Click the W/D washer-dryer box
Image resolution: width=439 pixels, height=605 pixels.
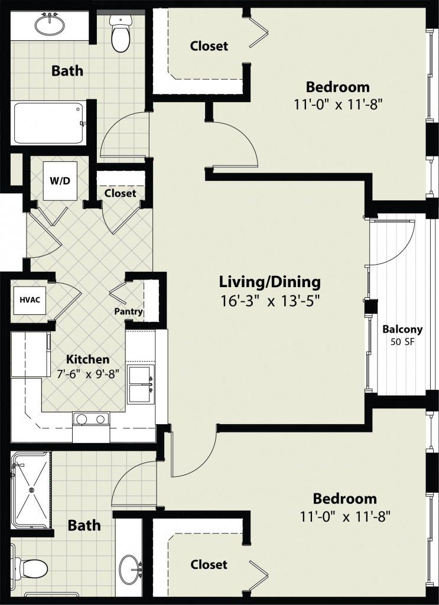tap(60, 181)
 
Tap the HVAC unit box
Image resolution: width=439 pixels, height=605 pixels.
tap(30, 300)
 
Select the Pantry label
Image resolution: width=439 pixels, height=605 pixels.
tap(128, 311)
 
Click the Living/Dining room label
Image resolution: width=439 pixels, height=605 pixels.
tap(269, 282)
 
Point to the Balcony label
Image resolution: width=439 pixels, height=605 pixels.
tap(402, 330)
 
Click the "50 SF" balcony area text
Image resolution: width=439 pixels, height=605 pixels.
tap(402, 342)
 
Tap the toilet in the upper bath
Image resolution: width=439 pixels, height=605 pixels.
tap(121, 34)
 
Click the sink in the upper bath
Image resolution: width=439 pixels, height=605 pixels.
tap(50, 25)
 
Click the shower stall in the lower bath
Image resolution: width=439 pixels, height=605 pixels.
tap(31, 490)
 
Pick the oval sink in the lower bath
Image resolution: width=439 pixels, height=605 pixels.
tap(131, 568)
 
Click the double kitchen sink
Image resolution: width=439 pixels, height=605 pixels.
tap(141, 384)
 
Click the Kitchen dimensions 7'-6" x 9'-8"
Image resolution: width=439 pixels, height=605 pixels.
tap(87, 373)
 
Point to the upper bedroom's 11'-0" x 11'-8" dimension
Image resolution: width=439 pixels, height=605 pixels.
tap(338, 104)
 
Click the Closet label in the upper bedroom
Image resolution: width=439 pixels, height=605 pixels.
tap(209, 46)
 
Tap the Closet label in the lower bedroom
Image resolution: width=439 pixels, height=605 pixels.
tap(209, 564)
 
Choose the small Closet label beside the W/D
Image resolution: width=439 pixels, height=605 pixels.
tap(120, 193)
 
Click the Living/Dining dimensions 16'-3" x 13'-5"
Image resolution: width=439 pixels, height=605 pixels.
tap(270, 301)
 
